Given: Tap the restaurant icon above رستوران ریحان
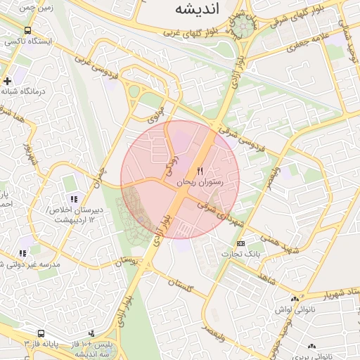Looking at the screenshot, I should [x=200, y=171].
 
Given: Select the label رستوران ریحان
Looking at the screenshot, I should [x=200, y=182].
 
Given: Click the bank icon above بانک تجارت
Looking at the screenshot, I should [x=241, y=243].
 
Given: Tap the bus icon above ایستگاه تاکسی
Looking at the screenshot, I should [x=27, y=31].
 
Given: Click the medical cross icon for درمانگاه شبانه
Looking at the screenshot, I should [x=7, y=81].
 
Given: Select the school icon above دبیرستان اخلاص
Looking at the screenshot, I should [x=73, y=199].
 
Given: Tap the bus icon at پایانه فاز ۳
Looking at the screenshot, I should [x=41, y=333].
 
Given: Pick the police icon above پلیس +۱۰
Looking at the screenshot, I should [x=91, y=333].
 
